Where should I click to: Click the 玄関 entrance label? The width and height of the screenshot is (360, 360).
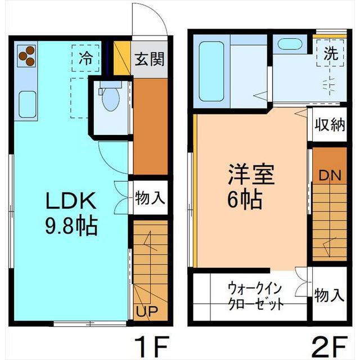(x=149, y=59)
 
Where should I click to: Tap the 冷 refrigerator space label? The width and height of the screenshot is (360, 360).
(x=85, y=58)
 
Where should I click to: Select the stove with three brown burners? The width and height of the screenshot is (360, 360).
(x=26, y=56)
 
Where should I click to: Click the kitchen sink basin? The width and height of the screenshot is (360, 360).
(x=28, y=104)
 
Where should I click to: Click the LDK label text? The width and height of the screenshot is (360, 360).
(x=71, y=201)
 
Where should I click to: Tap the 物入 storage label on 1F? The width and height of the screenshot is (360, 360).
(x=150, y=198)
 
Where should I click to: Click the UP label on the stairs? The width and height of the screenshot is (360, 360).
(x=147, y=311)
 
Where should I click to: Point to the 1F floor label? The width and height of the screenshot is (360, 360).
(x=152, y=346)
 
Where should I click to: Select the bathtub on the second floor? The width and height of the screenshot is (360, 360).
(x=211, y=71)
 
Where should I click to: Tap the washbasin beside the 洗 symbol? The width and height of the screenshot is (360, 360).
(x=289, y=44)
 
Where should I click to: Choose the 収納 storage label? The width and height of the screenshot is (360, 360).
(x=330, y=125)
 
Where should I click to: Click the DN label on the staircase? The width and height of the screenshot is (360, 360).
(x=330, y=175)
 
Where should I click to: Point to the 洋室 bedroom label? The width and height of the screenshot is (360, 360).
(x=251, y=174)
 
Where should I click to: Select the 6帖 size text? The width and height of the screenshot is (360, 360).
(x=245, y=199)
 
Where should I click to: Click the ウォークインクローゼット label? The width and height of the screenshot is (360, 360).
(x=255, y=296)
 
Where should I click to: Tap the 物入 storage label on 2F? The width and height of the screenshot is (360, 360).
(x=330, y=295)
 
